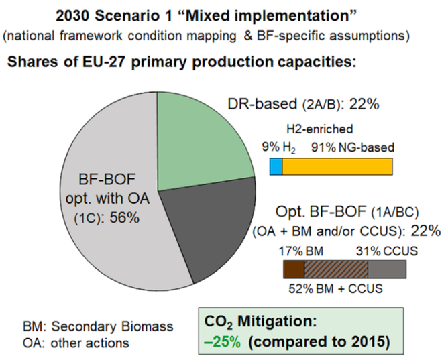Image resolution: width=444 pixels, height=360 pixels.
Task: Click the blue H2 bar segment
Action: tap(276, 166)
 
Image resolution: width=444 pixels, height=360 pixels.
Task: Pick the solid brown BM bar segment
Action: tap(294, 269)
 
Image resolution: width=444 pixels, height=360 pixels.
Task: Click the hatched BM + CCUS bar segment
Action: tap(336, 269)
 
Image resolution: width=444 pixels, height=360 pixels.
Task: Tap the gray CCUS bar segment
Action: tap(387, 269)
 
